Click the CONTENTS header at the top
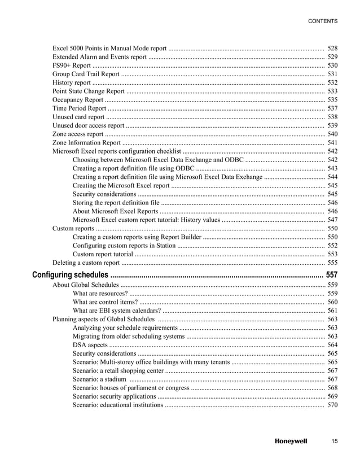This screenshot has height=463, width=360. point(322,21)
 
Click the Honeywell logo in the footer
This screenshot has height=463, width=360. point(291,441)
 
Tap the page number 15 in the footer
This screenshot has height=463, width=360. point(334,441)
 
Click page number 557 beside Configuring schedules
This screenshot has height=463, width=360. point(332,275)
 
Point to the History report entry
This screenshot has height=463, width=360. point(71,82)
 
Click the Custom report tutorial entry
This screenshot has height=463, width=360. point(103,254)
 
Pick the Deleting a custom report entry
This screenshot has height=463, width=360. point(86,263)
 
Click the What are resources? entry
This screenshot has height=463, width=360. point(100,294)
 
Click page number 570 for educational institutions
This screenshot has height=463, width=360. point(332,405)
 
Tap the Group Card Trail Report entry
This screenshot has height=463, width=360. point(86,74)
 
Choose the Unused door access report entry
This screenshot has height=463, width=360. point(88,125)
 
